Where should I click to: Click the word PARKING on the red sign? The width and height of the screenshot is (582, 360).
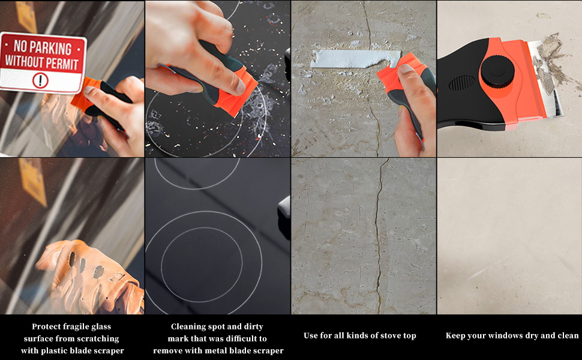tap(50, 48)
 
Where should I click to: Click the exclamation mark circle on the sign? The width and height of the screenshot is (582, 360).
tap(40, 80)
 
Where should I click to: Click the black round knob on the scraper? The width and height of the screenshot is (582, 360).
tap(497, 71)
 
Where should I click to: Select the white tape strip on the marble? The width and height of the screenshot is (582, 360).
tap(355, 59)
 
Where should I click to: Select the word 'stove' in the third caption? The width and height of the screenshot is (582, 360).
tap(388, 335)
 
